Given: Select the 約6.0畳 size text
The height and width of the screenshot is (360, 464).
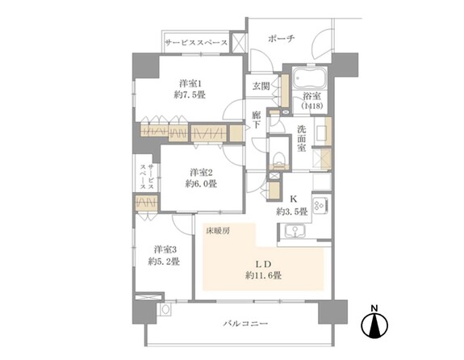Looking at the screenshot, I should (201, 184).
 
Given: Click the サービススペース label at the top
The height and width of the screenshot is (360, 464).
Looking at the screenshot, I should (195, 42).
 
